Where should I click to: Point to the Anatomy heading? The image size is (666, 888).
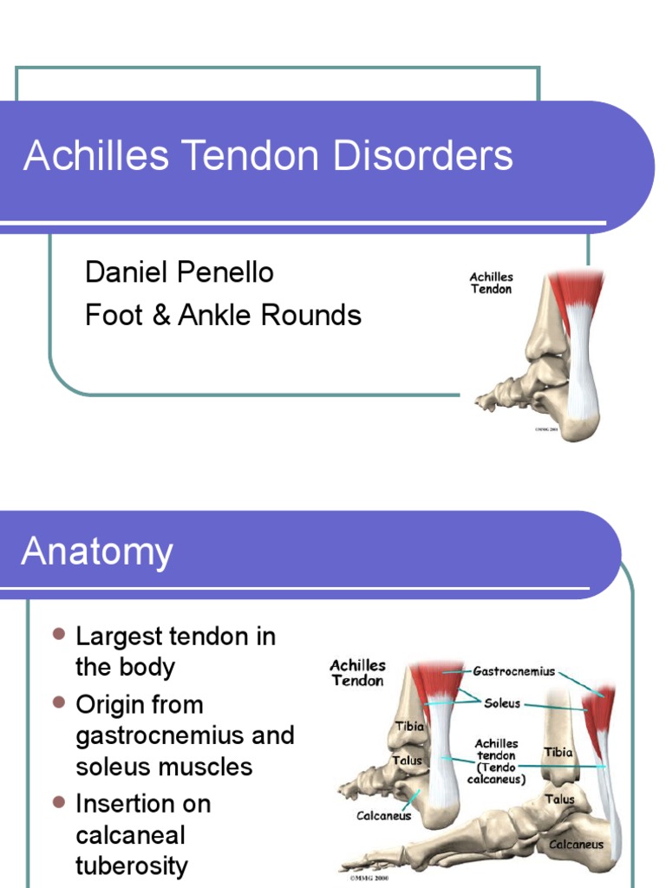97,552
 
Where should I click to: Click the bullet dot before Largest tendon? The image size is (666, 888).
59,635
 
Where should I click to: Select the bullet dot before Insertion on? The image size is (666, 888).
59,801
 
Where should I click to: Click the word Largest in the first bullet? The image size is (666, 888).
120,637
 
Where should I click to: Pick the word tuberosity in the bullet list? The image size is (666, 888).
132,865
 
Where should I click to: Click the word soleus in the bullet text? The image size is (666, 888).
109,767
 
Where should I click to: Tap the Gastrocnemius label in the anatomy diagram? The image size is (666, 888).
513,670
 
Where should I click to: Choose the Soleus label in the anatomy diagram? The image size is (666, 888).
502,702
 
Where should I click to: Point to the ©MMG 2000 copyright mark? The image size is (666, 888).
370,878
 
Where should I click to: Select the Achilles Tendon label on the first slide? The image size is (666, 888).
491,283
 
